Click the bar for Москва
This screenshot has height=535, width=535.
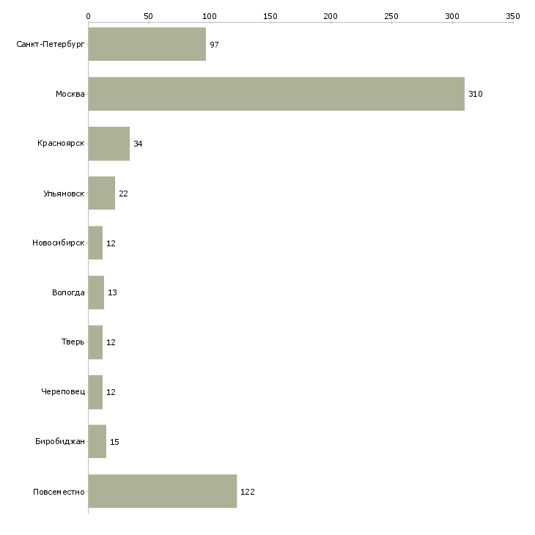276,94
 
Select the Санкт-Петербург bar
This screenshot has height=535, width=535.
147,44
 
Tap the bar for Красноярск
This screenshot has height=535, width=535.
109,144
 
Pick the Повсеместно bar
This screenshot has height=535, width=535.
163,491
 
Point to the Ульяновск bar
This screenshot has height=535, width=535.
102,193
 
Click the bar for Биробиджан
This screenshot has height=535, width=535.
97,441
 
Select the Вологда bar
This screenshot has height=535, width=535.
96,292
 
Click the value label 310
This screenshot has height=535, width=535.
476,94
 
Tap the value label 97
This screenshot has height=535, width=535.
214,45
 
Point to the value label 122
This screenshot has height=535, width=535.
248,492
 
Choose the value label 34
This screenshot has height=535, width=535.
138,144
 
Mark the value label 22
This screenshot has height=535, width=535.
123,193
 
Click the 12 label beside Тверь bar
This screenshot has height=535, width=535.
111,342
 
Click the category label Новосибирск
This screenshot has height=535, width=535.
59,243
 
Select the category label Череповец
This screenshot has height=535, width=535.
63,391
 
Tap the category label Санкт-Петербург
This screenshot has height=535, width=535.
50,45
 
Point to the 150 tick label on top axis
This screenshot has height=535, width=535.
270,16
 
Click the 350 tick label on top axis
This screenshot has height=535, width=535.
513,16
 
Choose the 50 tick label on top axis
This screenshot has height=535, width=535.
149,16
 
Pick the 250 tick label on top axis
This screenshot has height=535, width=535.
391,16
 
